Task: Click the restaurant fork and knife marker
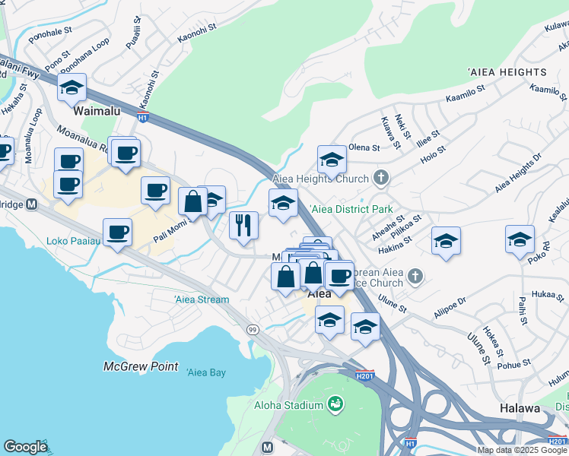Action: tap(243, 226)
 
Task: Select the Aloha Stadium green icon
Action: tap(333, 403)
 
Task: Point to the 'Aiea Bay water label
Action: tap(206, 372)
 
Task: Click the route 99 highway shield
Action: tap(252, 329)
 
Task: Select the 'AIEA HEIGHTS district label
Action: tap(507, 72)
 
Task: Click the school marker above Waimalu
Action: tap(72, 88)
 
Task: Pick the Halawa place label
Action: tap(520, 408)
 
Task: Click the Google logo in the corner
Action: tap(24, 446)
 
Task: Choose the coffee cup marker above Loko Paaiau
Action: tap(117, 232)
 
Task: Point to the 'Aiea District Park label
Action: tap(350, 209)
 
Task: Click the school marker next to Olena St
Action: tap(332, 160)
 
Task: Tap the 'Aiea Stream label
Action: tap(202, 299)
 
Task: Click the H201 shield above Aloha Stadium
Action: tap(364, 375)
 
